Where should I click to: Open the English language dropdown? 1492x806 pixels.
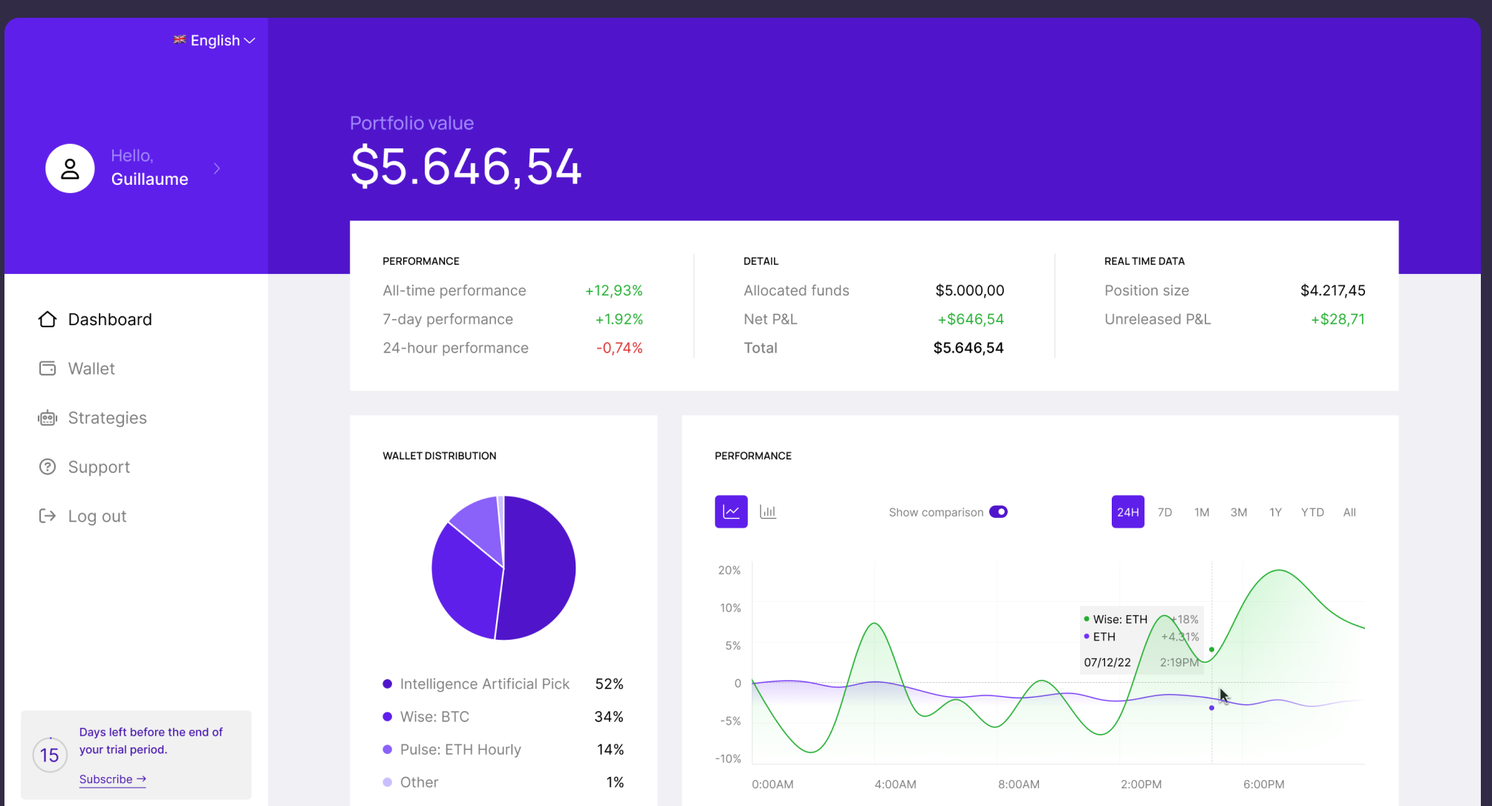coord(215,41)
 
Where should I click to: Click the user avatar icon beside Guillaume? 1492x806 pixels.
coord(70,168)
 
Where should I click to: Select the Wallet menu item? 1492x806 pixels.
coord(91,369)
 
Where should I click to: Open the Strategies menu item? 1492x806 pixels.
coord(107,418)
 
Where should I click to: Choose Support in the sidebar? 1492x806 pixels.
coord(99,467)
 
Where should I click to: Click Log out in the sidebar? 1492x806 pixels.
coord(97,516)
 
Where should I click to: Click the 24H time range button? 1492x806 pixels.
coord(1127,512)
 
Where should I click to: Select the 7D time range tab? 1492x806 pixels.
coord(1164,512)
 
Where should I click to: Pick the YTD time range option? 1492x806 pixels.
coord(1312,512)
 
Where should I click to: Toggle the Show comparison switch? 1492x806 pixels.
coord(998,512)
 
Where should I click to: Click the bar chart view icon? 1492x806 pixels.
coord(768,512)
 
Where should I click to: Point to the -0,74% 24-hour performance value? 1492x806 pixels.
coord(619,348)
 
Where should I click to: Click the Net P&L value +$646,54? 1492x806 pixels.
coord(970,319)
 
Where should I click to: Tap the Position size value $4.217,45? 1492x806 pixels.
coord(1332,290)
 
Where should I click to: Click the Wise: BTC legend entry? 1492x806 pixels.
coord(434,717)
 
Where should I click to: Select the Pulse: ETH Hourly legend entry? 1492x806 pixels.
coord(460,750)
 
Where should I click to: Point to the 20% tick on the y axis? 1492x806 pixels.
coord(729,570)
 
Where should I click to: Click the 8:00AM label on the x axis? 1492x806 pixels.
coord(1018,784)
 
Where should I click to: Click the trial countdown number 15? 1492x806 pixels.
coord(50,756)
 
